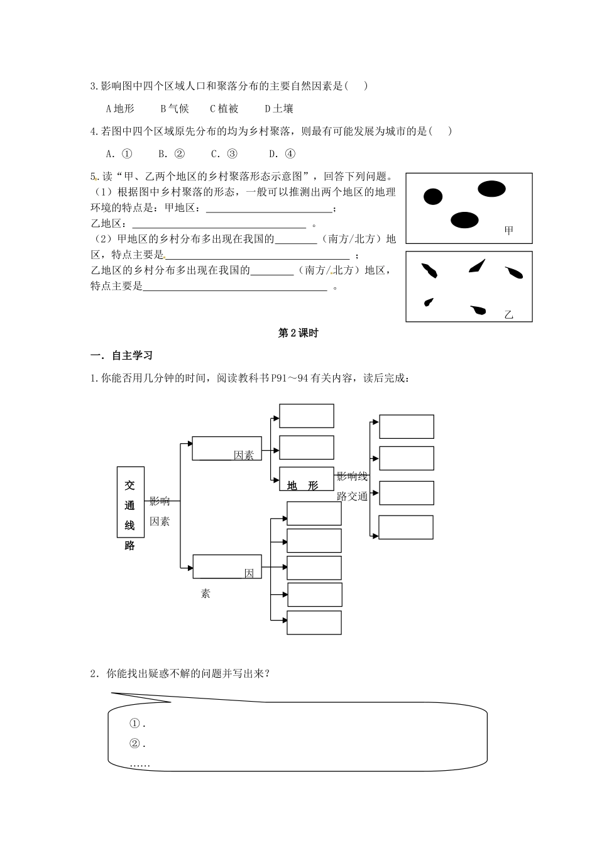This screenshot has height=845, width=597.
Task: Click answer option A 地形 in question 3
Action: tap(120, 109)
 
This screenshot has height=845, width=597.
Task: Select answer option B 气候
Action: tap(174, 109)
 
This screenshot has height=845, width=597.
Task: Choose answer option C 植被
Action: tap(224, 109)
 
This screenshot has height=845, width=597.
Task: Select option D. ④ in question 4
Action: tap(282, 154)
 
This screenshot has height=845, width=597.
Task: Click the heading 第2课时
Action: tap(298, 334)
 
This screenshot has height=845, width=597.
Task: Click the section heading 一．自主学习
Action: tap(122, 356)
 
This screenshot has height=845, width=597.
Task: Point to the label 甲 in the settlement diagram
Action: tap(508, 231)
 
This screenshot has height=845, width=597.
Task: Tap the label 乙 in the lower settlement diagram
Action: tap(508, 315)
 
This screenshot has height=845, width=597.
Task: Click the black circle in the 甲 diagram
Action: tap(432, 197)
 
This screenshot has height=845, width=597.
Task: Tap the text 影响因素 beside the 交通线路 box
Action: tap(160, 511)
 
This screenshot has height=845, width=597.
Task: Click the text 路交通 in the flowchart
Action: tap(352, 496)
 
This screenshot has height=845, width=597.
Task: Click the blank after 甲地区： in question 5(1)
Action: tap(268, 209)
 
